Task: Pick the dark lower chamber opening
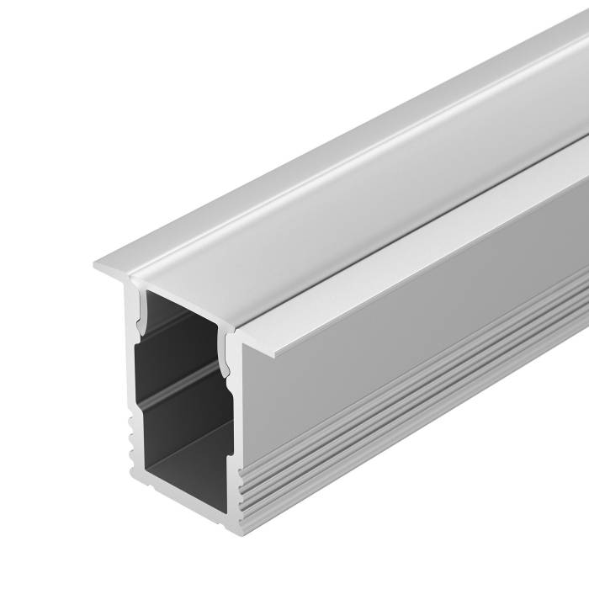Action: [x=181, y=438]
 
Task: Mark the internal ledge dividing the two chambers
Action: [x=181, y=390]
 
